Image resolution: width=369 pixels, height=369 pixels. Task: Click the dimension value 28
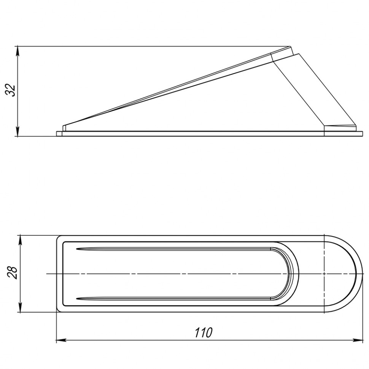coord(11,273)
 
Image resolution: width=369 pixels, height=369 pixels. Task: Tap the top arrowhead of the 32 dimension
coord(17,51)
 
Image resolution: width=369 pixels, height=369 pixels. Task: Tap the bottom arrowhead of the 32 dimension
coord(17,132)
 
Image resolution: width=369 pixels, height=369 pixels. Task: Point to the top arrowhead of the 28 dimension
coord(21,240)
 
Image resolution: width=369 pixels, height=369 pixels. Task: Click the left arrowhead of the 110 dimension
coord(61,340)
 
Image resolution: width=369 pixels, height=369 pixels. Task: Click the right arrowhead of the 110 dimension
coord(358,340)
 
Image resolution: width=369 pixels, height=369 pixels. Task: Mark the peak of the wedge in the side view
coord(290,46)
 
